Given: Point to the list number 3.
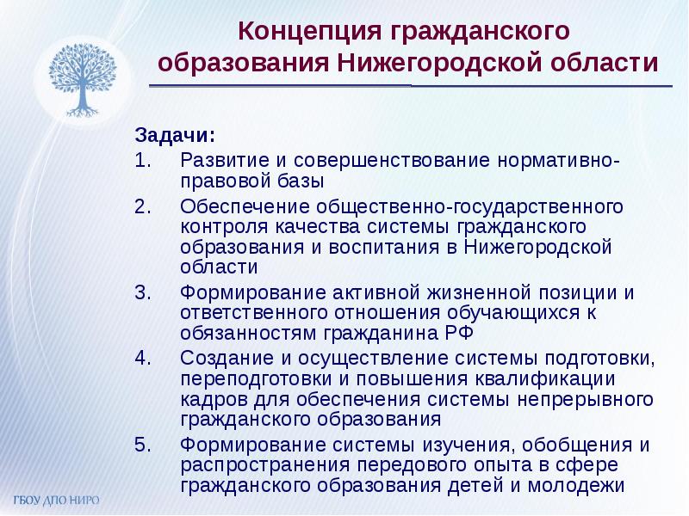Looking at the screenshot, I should [x=143, y=292].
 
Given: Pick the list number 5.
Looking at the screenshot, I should [x=143, y=445].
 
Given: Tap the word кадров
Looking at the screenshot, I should [x=208, y=400].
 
